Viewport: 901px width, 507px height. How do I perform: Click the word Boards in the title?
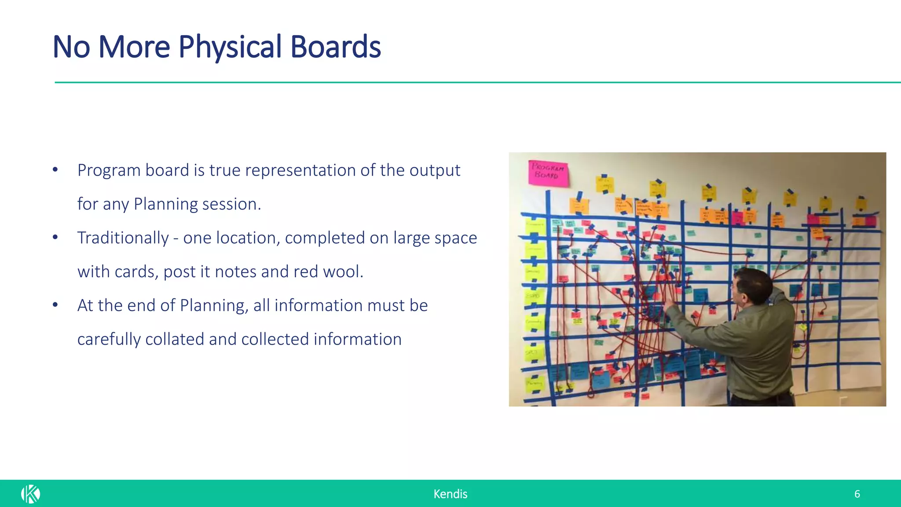tap(335, 47)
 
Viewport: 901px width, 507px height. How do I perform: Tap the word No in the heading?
tap(71, 47)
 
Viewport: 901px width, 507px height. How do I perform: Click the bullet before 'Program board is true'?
tap(55, 170)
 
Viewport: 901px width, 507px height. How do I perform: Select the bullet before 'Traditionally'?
tap(55, 238)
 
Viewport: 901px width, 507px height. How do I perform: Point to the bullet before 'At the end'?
tap(55, 305)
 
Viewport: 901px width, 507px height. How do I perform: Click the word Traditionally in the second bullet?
tap(123, 238)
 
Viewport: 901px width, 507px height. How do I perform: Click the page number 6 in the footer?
tap(857, 494)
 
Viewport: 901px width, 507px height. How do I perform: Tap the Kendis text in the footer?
tap(450, 494)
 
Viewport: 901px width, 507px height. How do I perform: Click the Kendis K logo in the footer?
tap(30, 494)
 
